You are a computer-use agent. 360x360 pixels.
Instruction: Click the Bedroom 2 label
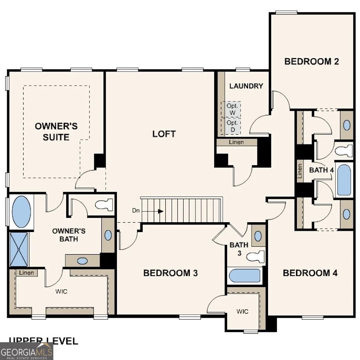pos(312,61)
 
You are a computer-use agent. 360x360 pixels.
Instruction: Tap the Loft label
pos(164,134)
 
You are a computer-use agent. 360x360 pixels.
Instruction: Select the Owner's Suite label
pos(56,132)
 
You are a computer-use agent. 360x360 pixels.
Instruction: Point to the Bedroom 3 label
pos(170,273)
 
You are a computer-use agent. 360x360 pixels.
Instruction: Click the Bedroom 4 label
pos(310,273)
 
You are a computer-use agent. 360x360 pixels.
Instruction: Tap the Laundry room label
pos(246,86)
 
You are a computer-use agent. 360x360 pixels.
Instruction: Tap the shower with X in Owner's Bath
pos(19,249)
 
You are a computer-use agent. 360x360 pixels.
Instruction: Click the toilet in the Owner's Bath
pos(104,205)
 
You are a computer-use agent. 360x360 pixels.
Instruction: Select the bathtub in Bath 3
pos(244,276)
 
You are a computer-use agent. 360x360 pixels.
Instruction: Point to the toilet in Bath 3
pos(256,256)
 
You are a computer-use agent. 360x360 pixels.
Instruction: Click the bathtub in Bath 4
pos(344,180)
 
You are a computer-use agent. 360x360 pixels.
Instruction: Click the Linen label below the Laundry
pos(236,143)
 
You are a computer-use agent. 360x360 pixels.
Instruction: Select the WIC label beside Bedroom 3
pos(242,311)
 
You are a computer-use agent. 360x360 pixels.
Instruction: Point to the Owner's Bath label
pos(68,235)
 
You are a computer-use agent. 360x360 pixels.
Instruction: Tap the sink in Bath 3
pos(258,235)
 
